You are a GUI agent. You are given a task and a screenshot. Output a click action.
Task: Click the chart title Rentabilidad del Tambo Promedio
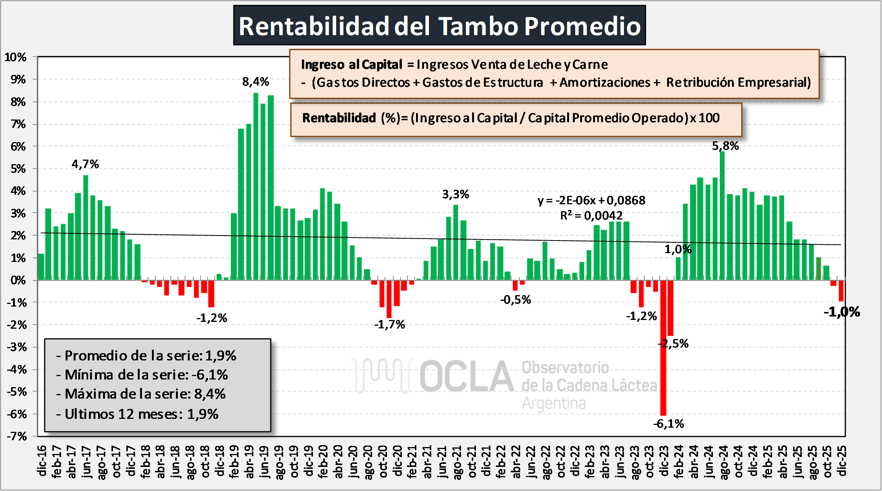(439, 26)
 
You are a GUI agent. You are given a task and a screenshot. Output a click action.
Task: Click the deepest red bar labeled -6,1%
(663, 347)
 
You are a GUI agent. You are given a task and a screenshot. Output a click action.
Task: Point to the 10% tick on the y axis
(16, 57)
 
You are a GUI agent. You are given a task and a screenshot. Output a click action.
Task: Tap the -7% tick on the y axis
(17, 436)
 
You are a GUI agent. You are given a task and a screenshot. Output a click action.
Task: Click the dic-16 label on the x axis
(42, 461)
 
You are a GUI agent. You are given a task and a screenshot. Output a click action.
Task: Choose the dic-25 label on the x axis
(842, 461)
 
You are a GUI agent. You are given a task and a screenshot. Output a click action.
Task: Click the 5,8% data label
(725, 146)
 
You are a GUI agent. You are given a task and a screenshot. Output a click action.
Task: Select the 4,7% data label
(85, 164)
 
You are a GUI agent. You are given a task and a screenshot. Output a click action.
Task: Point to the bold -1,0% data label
(842, 312)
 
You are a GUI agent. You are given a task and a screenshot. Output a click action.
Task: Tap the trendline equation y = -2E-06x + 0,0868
(591, 200)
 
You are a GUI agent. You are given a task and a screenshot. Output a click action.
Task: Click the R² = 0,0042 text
(591, 216)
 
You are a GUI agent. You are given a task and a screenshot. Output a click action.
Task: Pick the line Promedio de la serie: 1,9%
(147, 356)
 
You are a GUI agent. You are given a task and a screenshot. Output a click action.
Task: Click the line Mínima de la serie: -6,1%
(142, 375)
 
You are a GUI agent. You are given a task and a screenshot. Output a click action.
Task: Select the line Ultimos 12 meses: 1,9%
(138, 414)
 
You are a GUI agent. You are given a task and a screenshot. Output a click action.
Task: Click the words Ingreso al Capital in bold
(352, 65)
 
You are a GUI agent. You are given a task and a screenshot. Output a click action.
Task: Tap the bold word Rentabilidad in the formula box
(339, 118)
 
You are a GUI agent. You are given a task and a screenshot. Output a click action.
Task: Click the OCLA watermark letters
(466, 376)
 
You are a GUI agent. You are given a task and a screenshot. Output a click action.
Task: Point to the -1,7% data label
(389, 325)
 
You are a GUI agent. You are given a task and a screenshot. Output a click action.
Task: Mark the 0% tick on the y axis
(18, 280)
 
